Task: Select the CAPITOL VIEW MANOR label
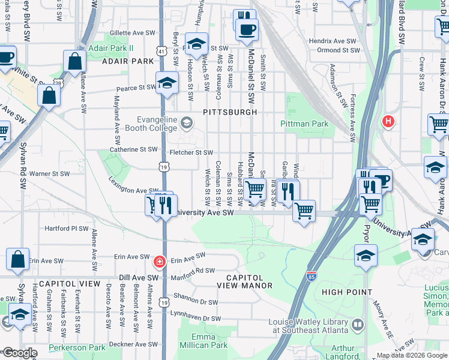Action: [x=249, y=281]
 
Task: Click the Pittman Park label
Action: [x=304, y=124]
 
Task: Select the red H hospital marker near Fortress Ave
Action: [x=388, y=122]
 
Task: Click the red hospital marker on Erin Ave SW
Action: [x=160, y=261]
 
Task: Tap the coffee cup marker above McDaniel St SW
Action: [x=246, y=29]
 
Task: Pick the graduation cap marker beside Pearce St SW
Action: [x=167, y=83]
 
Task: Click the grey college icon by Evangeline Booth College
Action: [x=187, y=124]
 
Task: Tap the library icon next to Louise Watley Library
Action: [x=358, y=325]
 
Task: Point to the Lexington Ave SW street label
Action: [x=133, y=185]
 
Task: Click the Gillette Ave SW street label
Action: [x=132, y=34]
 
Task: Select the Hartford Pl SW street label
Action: [x=67, y=229]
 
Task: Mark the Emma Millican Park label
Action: [x=209, y=341]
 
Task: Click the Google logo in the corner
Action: [x=19, y=353]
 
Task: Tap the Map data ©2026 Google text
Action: [x=411, y=355]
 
